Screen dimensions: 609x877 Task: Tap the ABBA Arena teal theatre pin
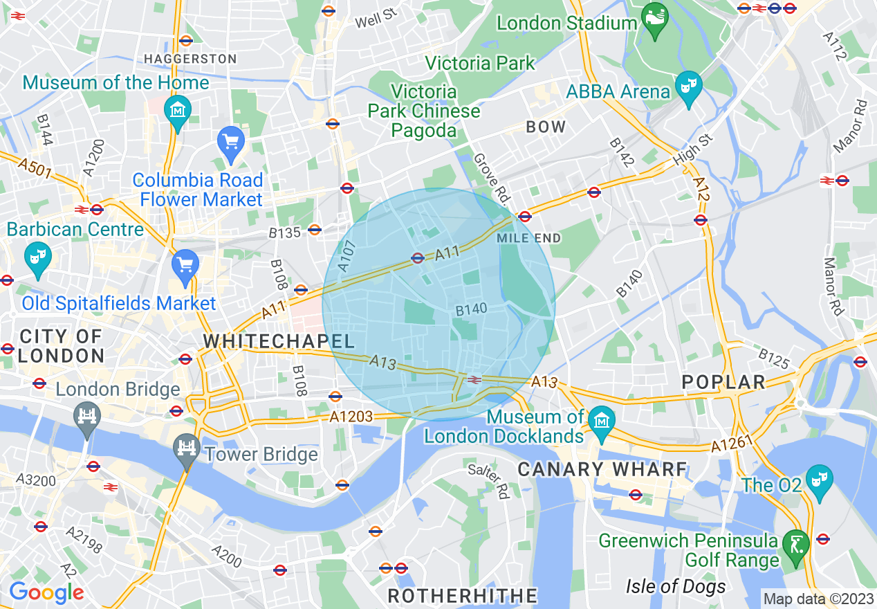(x=688, y=87)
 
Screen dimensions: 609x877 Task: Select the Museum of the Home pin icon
(x=178, y=110)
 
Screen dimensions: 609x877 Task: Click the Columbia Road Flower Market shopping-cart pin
(x=231, y=143)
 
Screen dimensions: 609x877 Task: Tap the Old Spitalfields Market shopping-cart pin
(x=185, y=265)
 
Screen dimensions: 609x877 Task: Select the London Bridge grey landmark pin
(x=87, y=417)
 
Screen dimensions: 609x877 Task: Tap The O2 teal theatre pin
(x=819, y=480)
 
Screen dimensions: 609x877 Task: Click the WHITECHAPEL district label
(x=279, y=340)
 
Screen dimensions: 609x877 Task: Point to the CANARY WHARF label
(x=602, y=469)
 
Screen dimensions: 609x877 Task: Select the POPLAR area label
(x=723, y=382)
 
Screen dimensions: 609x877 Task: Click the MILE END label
(x=528, y=238)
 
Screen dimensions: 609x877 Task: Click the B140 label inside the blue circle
(x=471, y=309)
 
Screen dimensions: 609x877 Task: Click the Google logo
(x=46, y=592)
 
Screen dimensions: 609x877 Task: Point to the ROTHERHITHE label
(x=462, y=596)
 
